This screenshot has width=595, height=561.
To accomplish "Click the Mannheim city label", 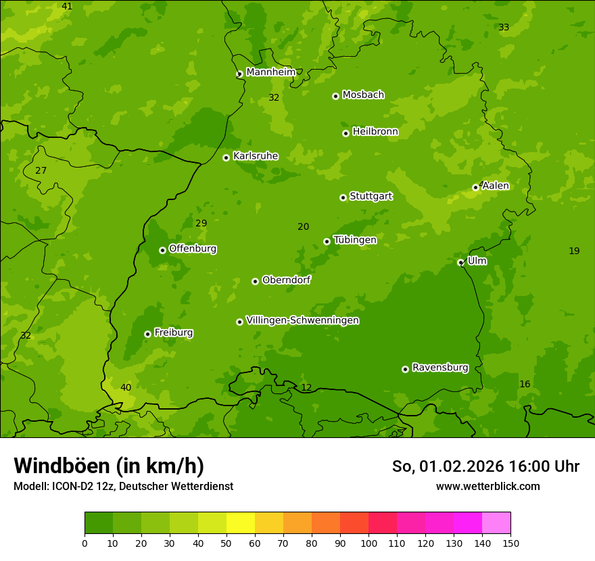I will point(270,72).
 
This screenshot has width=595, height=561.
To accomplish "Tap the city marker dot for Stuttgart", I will point(343,197).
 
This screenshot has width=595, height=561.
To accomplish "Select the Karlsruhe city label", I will point(255,156).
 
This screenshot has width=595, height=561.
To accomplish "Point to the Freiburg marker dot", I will point(147,334).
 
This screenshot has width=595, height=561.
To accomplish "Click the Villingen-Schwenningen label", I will point(302,320).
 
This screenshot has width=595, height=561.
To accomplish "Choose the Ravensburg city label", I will point(439,368).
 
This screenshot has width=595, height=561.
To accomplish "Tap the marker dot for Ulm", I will point(460,262).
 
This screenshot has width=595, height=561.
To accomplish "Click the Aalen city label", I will point(496,186).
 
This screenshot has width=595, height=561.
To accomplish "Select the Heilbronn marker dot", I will point(346,133).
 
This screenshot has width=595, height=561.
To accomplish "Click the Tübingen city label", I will point(354,240).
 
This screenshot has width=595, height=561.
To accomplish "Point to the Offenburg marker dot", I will point(162,250).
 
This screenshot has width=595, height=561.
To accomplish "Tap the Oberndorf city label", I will point(286,280).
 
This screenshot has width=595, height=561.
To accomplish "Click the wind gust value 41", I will point(67,6).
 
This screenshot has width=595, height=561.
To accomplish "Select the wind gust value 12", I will point(306,387).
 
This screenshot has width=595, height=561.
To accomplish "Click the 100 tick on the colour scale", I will point(368,543).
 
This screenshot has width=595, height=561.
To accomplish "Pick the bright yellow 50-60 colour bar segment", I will point(241,523).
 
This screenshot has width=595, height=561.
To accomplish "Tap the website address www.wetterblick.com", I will point(487,486).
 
